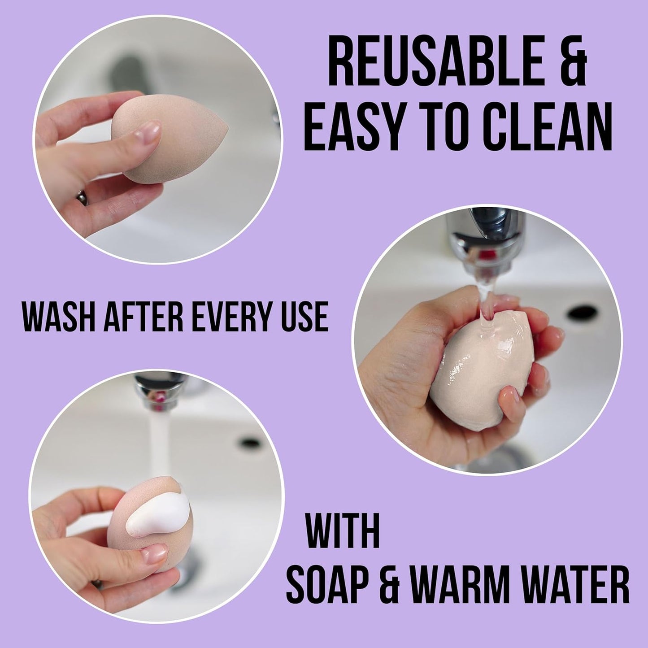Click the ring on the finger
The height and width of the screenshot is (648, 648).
(x=82, y=196)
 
